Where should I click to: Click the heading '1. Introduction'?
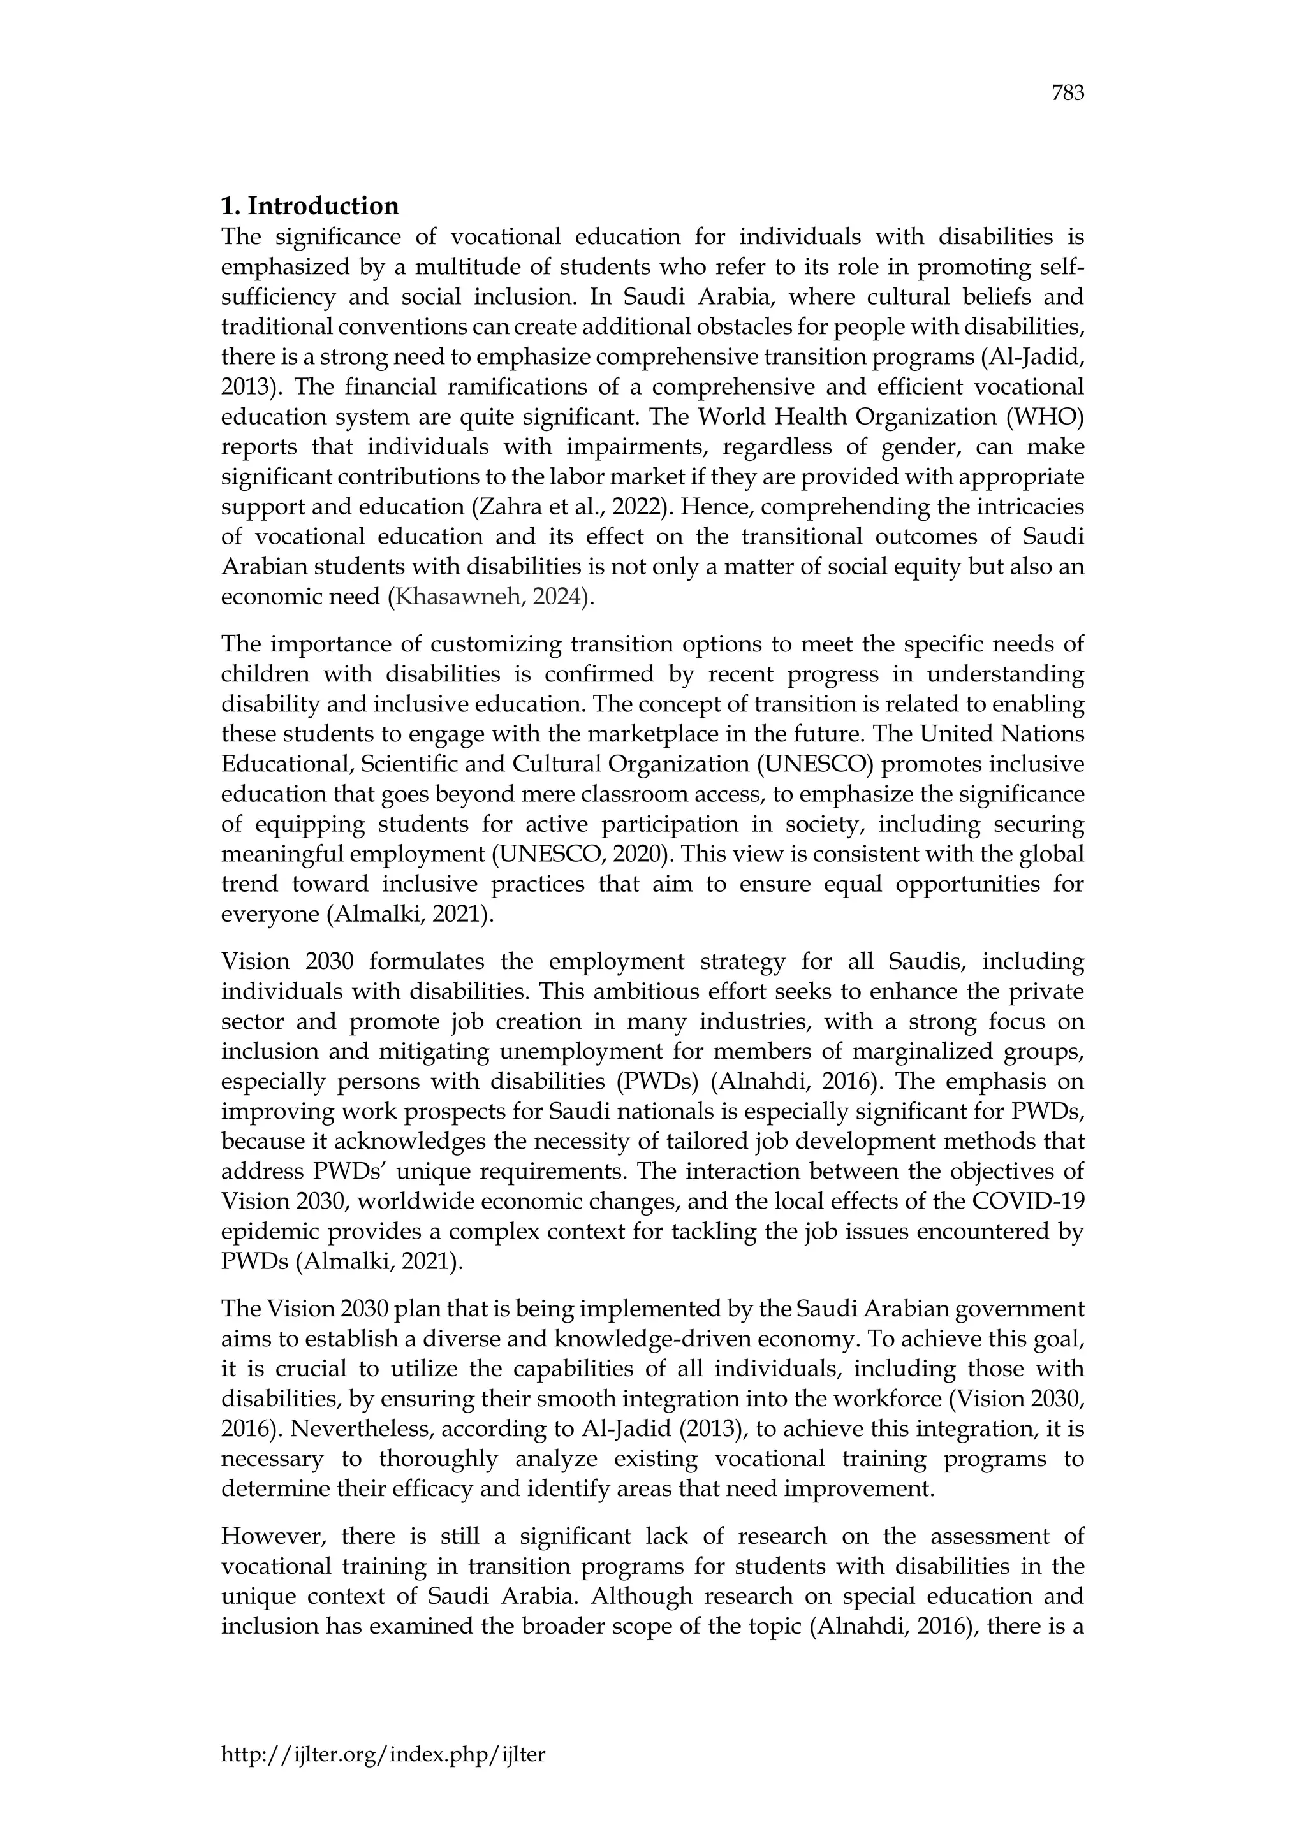[310, 207]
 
